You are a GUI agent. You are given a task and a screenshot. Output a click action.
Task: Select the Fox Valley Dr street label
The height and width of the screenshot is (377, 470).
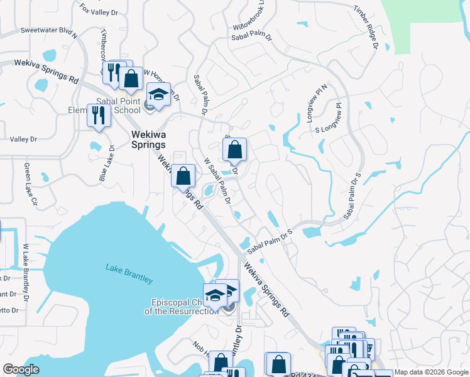pyautogui.click(x=99, y=11)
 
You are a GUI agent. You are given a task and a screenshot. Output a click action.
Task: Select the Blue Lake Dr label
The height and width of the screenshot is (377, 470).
pyautogui.click(x=106, y=164)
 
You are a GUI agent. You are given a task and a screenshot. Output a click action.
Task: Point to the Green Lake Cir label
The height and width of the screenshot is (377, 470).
pyautogui.click(x=30, y=185)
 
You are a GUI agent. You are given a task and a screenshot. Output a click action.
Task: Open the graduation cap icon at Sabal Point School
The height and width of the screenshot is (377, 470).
pyautogui.click(x=159, y=95)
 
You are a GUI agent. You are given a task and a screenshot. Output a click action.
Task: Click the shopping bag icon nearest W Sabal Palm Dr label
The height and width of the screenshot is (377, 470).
pyautogui.click(x=234, y=150)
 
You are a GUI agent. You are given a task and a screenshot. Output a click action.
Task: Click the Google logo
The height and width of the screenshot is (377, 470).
pyautogui.click(x=21, y=369)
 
